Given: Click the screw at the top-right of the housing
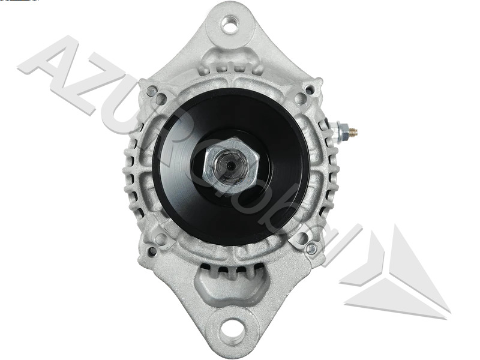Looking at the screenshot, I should [308, 91].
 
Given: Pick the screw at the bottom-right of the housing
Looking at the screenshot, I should [310, 248].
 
